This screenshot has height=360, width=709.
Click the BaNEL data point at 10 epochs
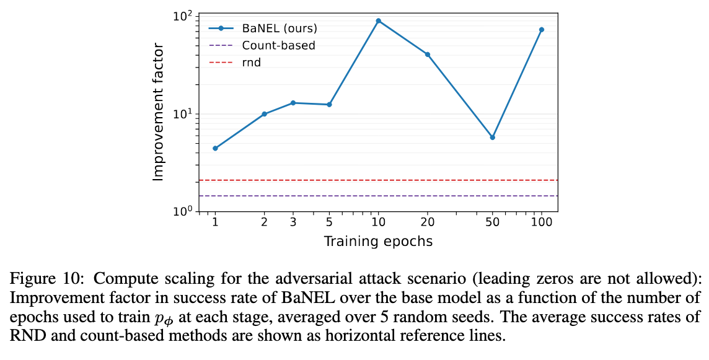coord(378,21)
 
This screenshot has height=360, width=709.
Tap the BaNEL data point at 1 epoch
coord(215,148)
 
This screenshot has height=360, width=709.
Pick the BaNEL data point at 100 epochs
coord(542,30)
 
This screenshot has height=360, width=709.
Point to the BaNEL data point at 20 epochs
coord(428,55)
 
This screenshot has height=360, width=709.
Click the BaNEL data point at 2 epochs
coord(264,114)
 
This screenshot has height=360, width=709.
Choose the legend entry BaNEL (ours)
coord(280,29)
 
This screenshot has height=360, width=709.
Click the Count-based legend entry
coord(278,45)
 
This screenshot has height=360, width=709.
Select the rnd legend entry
coord(252,62)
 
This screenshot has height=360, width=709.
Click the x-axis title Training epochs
coord(378,241)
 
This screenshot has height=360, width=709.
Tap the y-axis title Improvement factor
coord(158,112)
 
